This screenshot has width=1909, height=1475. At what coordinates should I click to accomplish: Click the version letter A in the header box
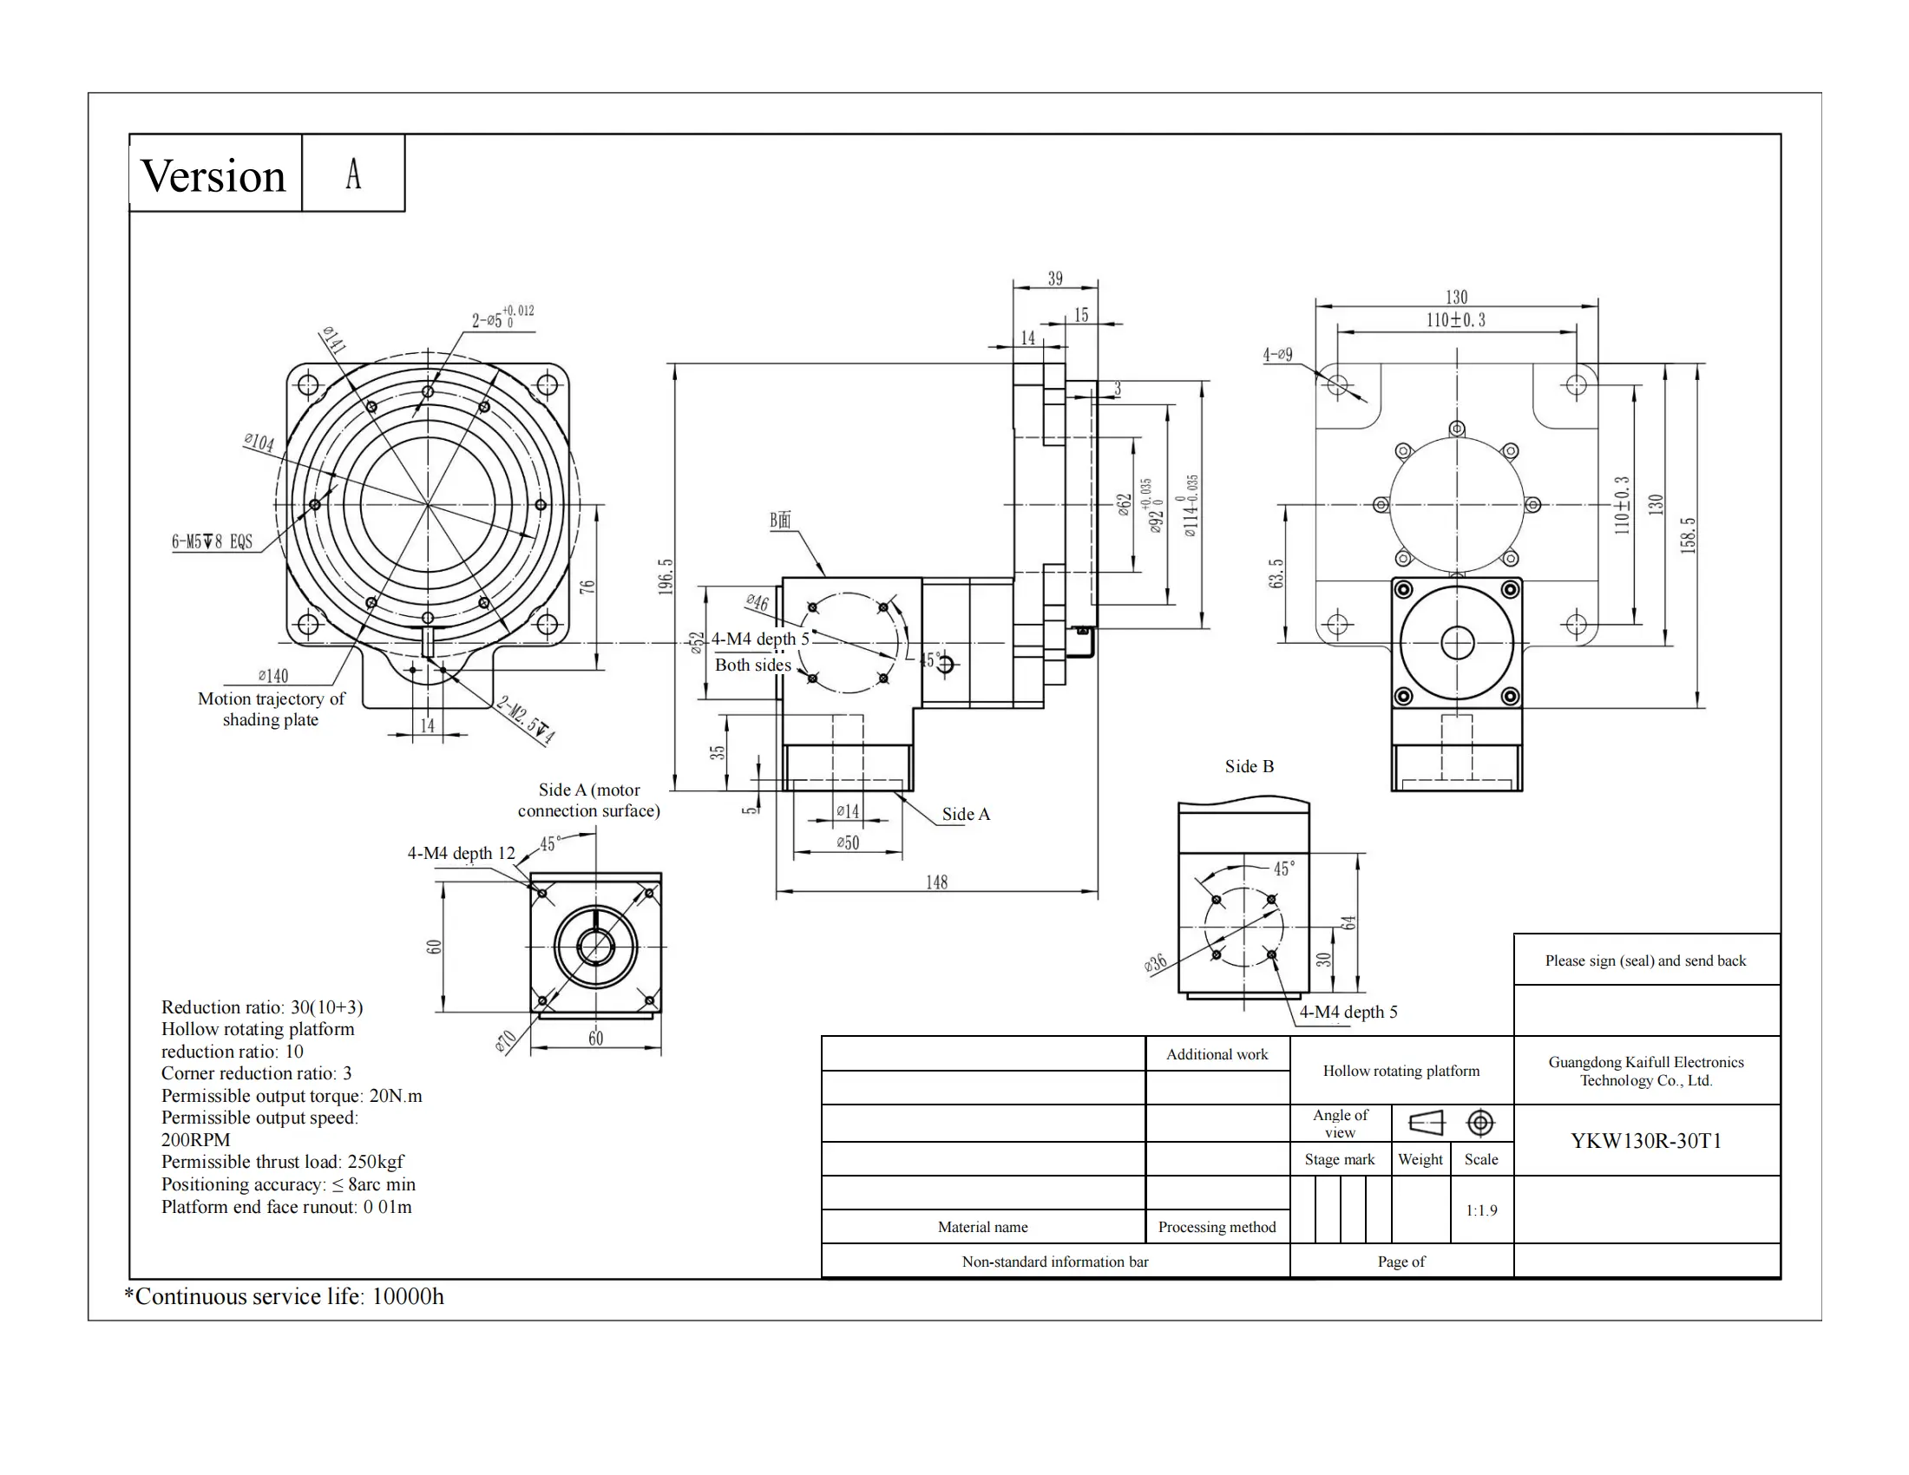pos(353,174)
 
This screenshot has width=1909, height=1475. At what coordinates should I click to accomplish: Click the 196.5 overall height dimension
pos(666,577)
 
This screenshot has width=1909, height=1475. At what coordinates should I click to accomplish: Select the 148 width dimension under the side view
pos(936,882)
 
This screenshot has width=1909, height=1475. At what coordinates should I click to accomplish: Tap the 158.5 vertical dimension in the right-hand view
pos(1688,534)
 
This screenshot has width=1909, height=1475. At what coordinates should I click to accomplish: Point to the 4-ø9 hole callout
pos(1277,355)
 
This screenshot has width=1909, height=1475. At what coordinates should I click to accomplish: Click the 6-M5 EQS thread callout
pos(212,541)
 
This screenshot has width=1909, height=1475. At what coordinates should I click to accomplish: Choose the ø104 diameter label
pos(259,442)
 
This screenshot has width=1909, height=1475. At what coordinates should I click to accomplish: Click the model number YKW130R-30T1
pos(1645,1141)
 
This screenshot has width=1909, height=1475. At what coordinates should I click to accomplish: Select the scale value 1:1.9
pos(1480,1210)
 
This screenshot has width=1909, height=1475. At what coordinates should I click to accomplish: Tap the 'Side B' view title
pos(1249,766)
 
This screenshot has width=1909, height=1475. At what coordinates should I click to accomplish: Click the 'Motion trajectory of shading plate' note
pos(271,709)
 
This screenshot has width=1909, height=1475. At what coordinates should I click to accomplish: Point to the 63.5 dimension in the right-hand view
pos(1276,574)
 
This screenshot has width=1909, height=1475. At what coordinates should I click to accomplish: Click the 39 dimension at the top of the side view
pos(1055,279)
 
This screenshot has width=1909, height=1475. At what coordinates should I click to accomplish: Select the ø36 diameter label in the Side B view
pos(1155,964)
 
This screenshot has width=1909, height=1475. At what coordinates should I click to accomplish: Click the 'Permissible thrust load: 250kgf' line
pos(282,1161)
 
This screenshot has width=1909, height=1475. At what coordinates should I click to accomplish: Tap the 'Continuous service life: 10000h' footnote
pos(284,1296)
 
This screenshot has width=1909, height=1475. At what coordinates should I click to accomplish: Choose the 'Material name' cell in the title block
pos(982,1227)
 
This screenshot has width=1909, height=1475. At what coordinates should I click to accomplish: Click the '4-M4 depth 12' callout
pos(461,853)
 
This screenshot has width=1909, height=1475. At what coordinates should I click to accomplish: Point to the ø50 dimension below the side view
pos(847,843)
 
